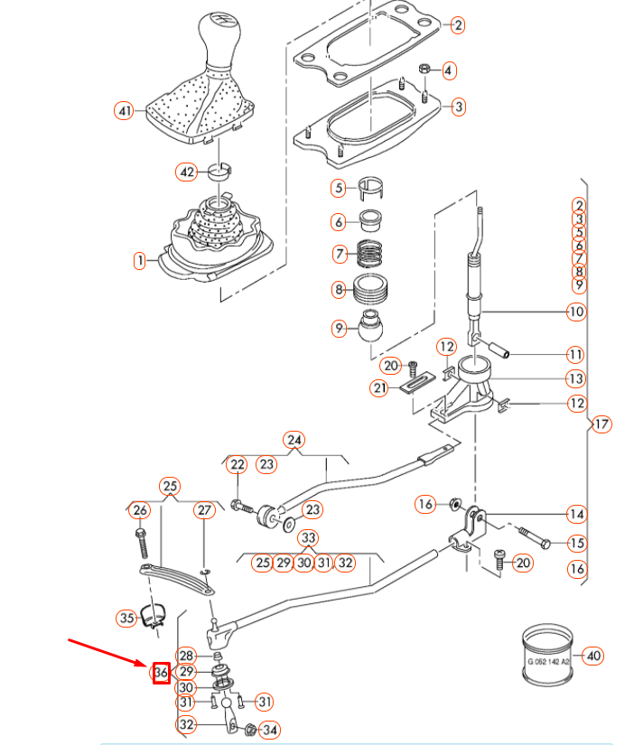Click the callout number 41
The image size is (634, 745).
pos(125,111)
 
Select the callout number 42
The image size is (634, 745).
pos(186,172)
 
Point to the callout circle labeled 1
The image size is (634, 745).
pos(139,261)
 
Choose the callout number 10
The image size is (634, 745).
pos(576,312)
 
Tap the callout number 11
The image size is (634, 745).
pos(576,353)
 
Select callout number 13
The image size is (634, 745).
pos(576,379)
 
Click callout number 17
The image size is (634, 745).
pos(601,424)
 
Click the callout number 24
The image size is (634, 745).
pos(294,440)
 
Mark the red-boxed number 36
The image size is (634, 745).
pos(161,673)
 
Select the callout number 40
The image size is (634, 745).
pos(592,655)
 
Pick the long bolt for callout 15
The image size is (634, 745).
pos(534,540)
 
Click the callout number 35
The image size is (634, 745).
pos(126,619)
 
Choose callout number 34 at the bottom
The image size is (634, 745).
pos(268,729)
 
